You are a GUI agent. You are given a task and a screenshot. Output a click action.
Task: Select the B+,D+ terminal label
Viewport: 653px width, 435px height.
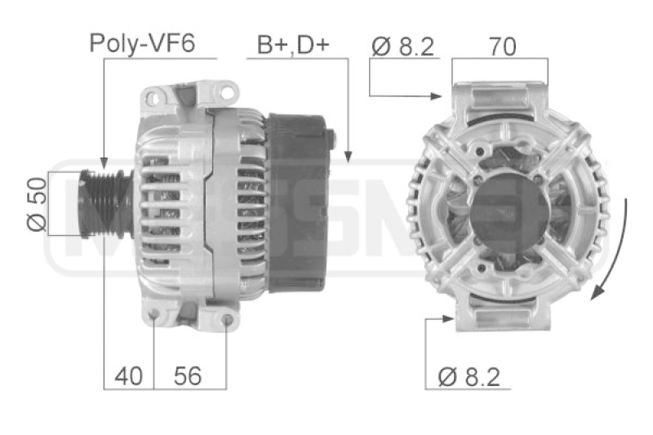click(293, 43)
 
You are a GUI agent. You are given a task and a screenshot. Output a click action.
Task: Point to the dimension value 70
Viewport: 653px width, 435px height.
click(502, 47)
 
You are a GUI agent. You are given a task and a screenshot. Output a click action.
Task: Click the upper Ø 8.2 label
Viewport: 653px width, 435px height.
click(403, 47)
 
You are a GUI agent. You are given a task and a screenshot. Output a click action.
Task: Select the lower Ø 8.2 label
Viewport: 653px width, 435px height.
click(469, 376)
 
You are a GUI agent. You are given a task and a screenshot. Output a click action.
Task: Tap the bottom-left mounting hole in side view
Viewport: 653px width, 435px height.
click(155, 314)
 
